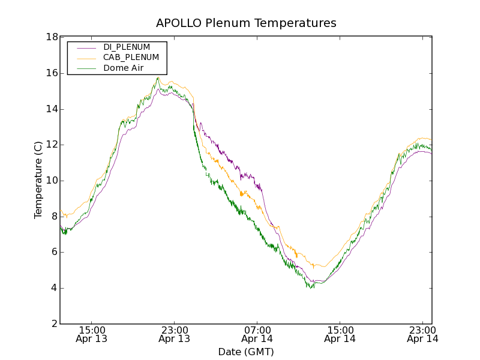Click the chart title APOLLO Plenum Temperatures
246,23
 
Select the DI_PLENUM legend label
127,47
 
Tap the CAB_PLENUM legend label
131,57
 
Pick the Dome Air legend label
123,68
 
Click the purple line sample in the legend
84,47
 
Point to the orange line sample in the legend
84,58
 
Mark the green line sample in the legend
84,68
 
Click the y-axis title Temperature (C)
38,180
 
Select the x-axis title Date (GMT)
246,352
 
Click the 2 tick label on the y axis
53,324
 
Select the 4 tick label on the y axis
53,288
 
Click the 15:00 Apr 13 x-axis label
91,334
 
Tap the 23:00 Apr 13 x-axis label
174,334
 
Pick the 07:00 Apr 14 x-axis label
257,334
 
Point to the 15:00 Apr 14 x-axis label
340,334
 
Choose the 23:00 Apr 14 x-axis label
422,334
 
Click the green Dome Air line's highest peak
158,77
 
